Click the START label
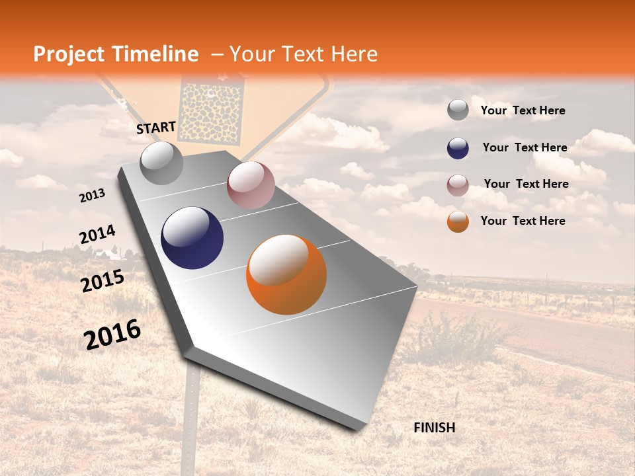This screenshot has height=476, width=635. pos(156,128)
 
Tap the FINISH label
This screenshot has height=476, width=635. pos(434,428)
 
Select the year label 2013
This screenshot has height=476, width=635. pos(92,196)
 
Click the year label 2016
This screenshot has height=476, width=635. pos(112,334)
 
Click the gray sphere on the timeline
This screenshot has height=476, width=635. pos(161,163)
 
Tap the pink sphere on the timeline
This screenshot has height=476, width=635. pos(251,185)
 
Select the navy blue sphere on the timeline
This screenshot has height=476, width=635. pos(192,238)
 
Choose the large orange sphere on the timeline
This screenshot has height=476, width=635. pos(286,274)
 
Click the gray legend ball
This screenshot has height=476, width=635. pos(458,110)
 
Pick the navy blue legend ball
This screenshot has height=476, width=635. pos(458,148)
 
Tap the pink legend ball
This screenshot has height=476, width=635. pos(458,185)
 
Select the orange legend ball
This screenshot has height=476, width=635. pos(458,221)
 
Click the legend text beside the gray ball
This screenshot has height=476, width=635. pos(523,110)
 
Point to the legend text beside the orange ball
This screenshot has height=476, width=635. pos(523,221)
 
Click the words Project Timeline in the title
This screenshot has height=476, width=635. pos(116,54)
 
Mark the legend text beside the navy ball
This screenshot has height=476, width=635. pos(525,147)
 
